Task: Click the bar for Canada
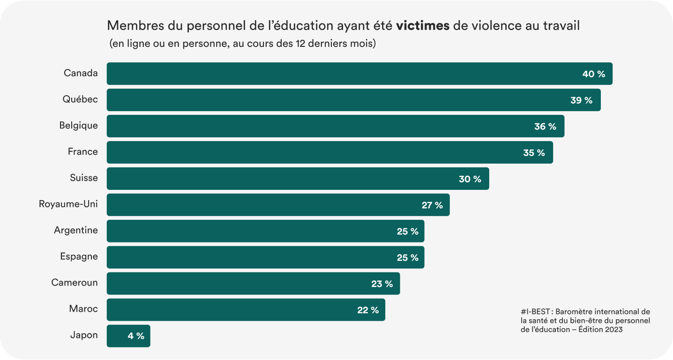[x=359, y=74]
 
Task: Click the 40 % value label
[x=594, y=74]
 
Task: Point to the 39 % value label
[x=582, y=100]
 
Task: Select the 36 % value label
[x=545, y=127]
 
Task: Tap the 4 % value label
[x=136, y=336]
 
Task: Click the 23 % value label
[x=382, y=284]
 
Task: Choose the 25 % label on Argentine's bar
[x=407, y=231]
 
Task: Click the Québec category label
[x=80, y=99]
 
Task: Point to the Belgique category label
[x=78, y=125]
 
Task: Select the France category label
[x=82, y=151]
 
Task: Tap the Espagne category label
[x=79, y=256]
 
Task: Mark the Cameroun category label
[x=75, y=283]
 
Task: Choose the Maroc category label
[x=83, y=309]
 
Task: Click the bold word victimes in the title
[x=423, y=26]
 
